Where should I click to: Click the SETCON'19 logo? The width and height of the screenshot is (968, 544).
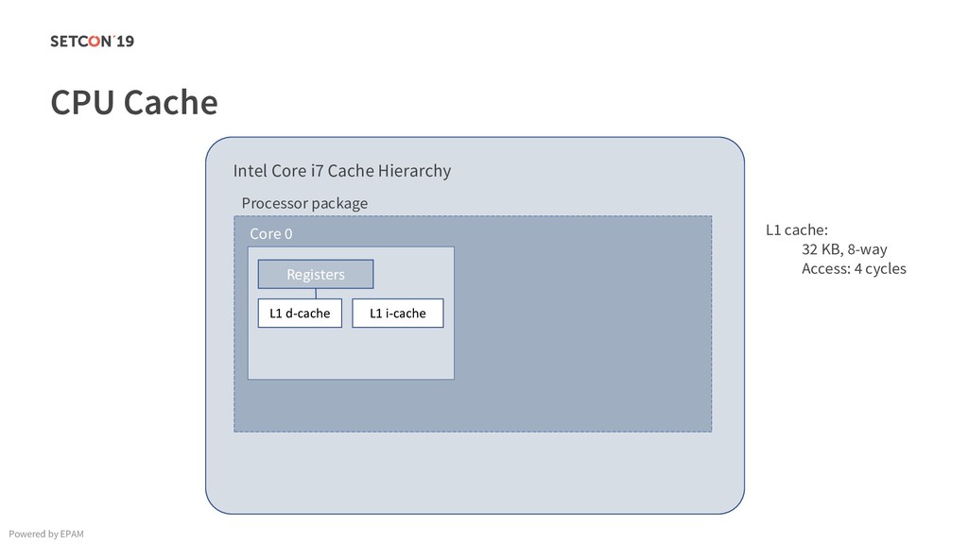[x=93, y=41]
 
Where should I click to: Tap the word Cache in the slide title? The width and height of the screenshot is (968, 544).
[x=171, y=102]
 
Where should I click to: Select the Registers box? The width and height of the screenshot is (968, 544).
[x=316, y=274]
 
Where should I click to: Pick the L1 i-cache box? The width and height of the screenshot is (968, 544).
[x=397, y=313]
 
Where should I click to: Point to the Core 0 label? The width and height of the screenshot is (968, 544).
[x=271, y=233]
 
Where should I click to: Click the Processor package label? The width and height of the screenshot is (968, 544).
[x=304, y=203]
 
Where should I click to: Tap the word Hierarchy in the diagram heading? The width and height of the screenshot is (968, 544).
[x=414, y=171]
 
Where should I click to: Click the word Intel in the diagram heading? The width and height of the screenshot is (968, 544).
[x=251, y=171]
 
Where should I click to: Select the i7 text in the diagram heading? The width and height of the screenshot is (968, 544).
[x=318, y=171]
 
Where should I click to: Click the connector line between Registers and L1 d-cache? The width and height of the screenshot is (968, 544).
[x=316, y=293]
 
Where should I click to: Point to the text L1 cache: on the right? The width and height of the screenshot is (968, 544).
[x=797, y=229]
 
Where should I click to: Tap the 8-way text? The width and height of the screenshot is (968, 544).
[x=868, y=249]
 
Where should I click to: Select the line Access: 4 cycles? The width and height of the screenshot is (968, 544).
[x=854, y=269]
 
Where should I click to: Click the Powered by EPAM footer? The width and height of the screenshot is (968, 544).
[x=44, y=535]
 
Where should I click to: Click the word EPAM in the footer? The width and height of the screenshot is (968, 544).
[x=71, y=535]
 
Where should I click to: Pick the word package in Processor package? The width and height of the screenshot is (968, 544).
[x=341, y=203]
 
